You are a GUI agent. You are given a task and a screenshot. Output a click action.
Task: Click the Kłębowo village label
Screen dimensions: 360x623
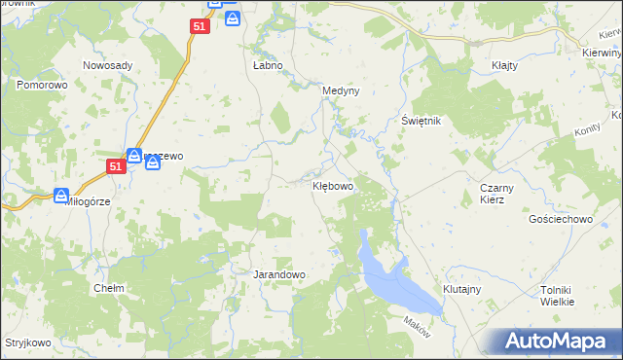tap(332, 184)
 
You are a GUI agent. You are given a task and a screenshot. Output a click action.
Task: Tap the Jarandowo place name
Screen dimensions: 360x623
tap(279, 274)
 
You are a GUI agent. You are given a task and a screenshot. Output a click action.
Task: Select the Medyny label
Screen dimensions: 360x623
tap(341, 90)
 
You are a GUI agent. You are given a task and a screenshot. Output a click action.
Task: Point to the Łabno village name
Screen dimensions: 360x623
tap(268, 65)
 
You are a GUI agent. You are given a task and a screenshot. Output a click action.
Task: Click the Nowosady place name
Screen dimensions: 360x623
tap(108, 65)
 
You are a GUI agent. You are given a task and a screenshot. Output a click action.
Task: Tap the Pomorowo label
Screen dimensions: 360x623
tap(40, 86)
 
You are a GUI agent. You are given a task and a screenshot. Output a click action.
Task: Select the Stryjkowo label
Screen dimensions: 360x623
tap(27, 342)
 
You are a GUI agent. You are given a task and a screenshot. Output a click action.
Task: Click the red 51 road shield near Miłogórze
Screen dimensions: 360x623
tap(116, 167)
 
